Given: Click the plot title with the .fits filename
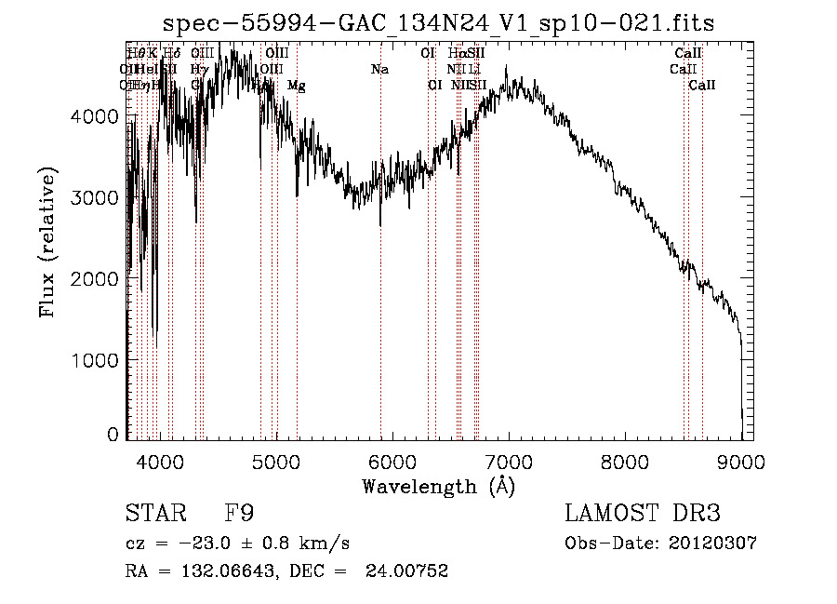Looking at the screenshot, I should tap(438, 22).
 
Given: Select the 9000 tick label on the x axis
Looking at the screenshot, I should tap(740, 460).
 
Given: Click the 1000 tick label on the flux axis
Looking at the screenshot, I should tap(93, 359).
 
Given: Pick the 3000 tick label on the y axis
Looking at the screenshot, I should tap(93, 197).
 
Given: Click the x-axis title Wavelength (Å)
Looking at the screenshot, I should tap(438, 486).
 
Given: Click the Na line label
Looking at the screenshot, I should tap(379, 70).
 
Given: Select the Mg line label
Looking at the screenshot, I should tap(296, 86).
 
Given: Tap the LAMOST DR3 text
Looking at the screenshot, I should tap(643, 513).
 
